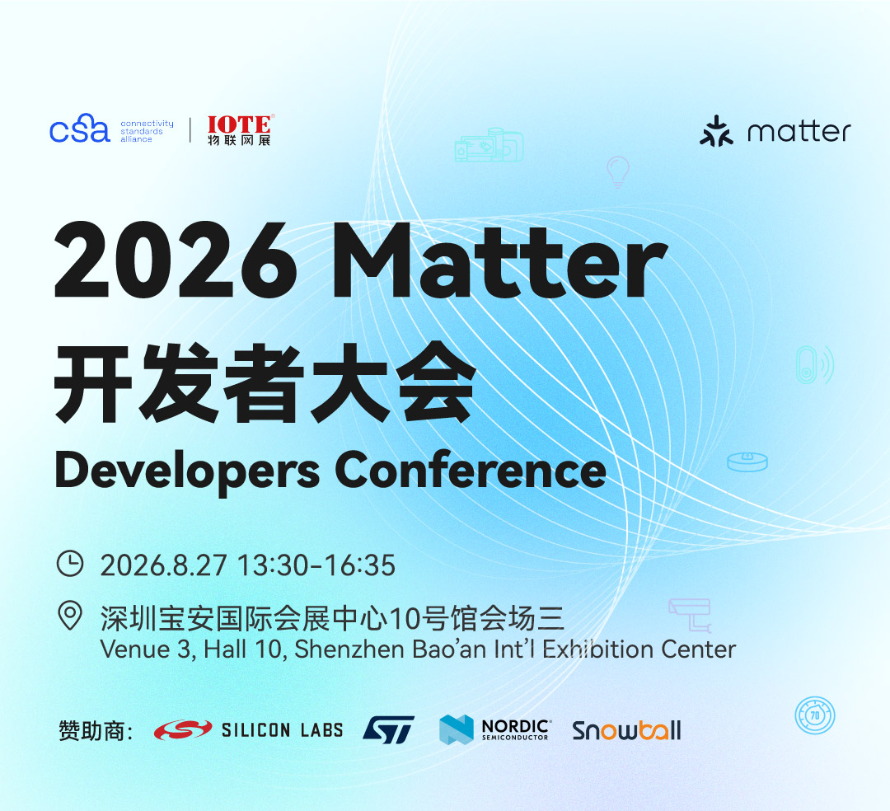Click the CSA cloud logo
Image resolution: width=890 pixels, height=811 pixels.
[x=79, y=129]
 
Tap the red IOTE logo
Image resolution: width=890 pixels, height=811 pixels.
[x=240, y=130]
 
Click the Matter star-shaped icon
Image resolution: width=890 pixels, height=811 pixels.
[x=716, y=131]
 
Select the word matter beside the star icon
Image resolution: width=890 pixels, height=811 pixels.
[x=799, y=132]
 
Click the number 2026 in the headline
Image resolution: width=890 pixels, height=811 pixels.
[x=176, y=260]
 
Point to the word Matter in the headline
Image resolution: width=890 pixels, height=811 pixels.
[x=500, y=260]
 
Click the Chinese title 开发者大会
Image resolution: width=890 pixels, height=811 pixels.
[x=265, y=382]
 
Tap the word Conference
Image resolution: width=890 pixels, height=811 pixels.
[x=471, y=470]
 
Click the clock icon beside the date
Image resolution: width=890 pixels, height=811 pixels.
[x=70, y=563]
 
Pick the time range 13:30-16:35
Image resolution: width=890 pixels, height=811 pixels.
[x=316, y=565]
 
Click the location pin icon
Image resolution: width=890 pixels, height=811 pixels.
[x=70, y=616]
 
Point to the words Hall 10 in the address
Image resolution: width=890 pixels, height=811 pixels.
[x=242, y=649]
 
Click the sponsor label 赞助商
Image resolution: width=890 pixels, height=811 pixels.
[x=96, y=730]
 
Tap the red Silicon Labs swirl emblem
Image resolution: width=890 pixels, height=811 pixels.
[x=183, y=730]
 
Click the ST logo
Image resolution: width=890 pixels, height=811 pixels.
[x=389, y=729]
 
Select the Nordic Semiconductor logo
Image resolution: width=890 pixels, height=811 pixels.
[x=494, y=729]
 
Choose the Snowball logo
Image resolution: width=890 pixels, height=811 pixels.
[x=626, y=730]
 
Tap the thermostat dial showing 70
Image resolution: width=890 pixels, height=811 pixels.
[x=815, y=715]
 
